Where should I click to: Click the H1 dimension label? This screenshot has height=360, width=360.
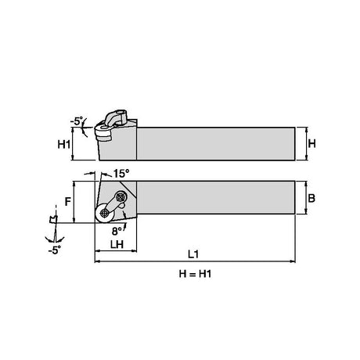click(x=63, y=144)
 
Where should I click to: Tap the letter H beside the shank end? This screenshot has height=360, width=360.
click(x=311, y=143)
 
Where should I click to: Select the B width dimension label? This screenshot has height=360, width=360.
click(x=311, y=198)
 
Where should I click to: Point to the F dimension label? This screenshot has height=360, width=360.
click(x=68, y=201)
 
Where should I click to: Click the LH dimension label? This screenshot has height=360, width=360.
click(x=117, y=244)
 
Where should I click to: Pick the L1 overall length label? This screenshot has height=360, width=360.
click(x=193, y=254)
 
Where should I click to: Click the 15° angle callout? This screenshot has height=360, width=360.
click(x=121, y=174)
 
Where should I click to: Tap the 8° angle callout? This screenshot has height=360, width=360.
click(x=117, y=231)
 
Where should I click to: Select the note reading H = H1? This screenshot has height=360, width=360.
click(x=195, y=274)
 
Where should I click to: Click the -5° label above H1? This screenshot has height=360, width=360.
click(x=76, y=121)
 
